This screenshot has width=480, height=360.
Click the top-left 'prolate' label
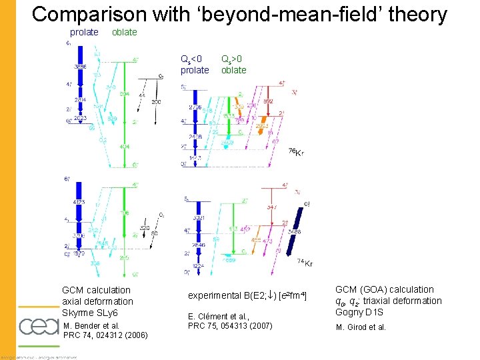[x=84, y=32]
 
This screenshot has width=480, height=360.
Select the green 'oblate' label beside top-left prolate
[x=124, y=32]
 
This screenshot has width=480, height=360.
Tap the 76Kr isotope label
[x=296, y=153]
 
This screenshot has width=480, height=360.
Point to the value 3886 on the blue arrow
[x=80, y=67]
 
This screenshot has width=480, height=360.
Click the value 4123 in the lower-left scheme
[x=79, y=202]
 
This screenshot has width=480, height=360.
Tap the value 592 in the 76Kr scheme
[x=268, y=101]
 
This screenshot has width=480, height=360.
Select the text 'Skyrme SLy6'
[x=89, y=313]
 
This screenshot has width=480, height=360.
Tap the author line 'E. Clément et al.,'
[x=218, y=316]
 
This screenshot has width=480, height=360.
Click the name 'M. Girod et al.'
[x=361, y=327]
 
